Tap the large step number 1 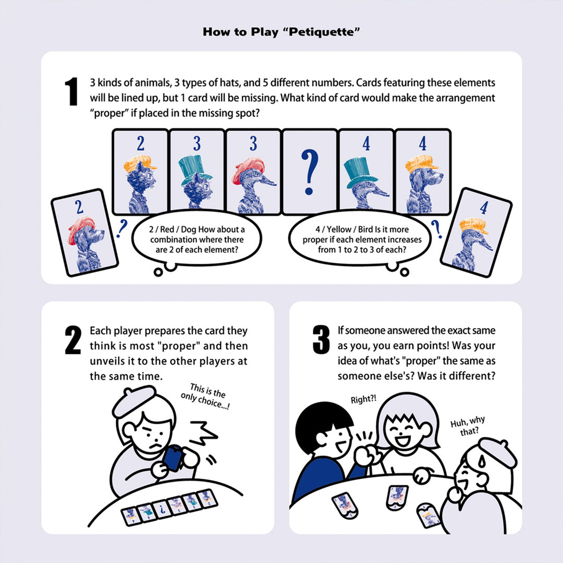[71, 92]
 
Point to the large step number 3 [321, 339]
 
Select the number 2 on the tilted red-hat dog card [79, 207]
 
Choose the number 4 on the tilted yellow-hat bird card [484, 209]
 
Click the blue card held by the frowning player [172, 460]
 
